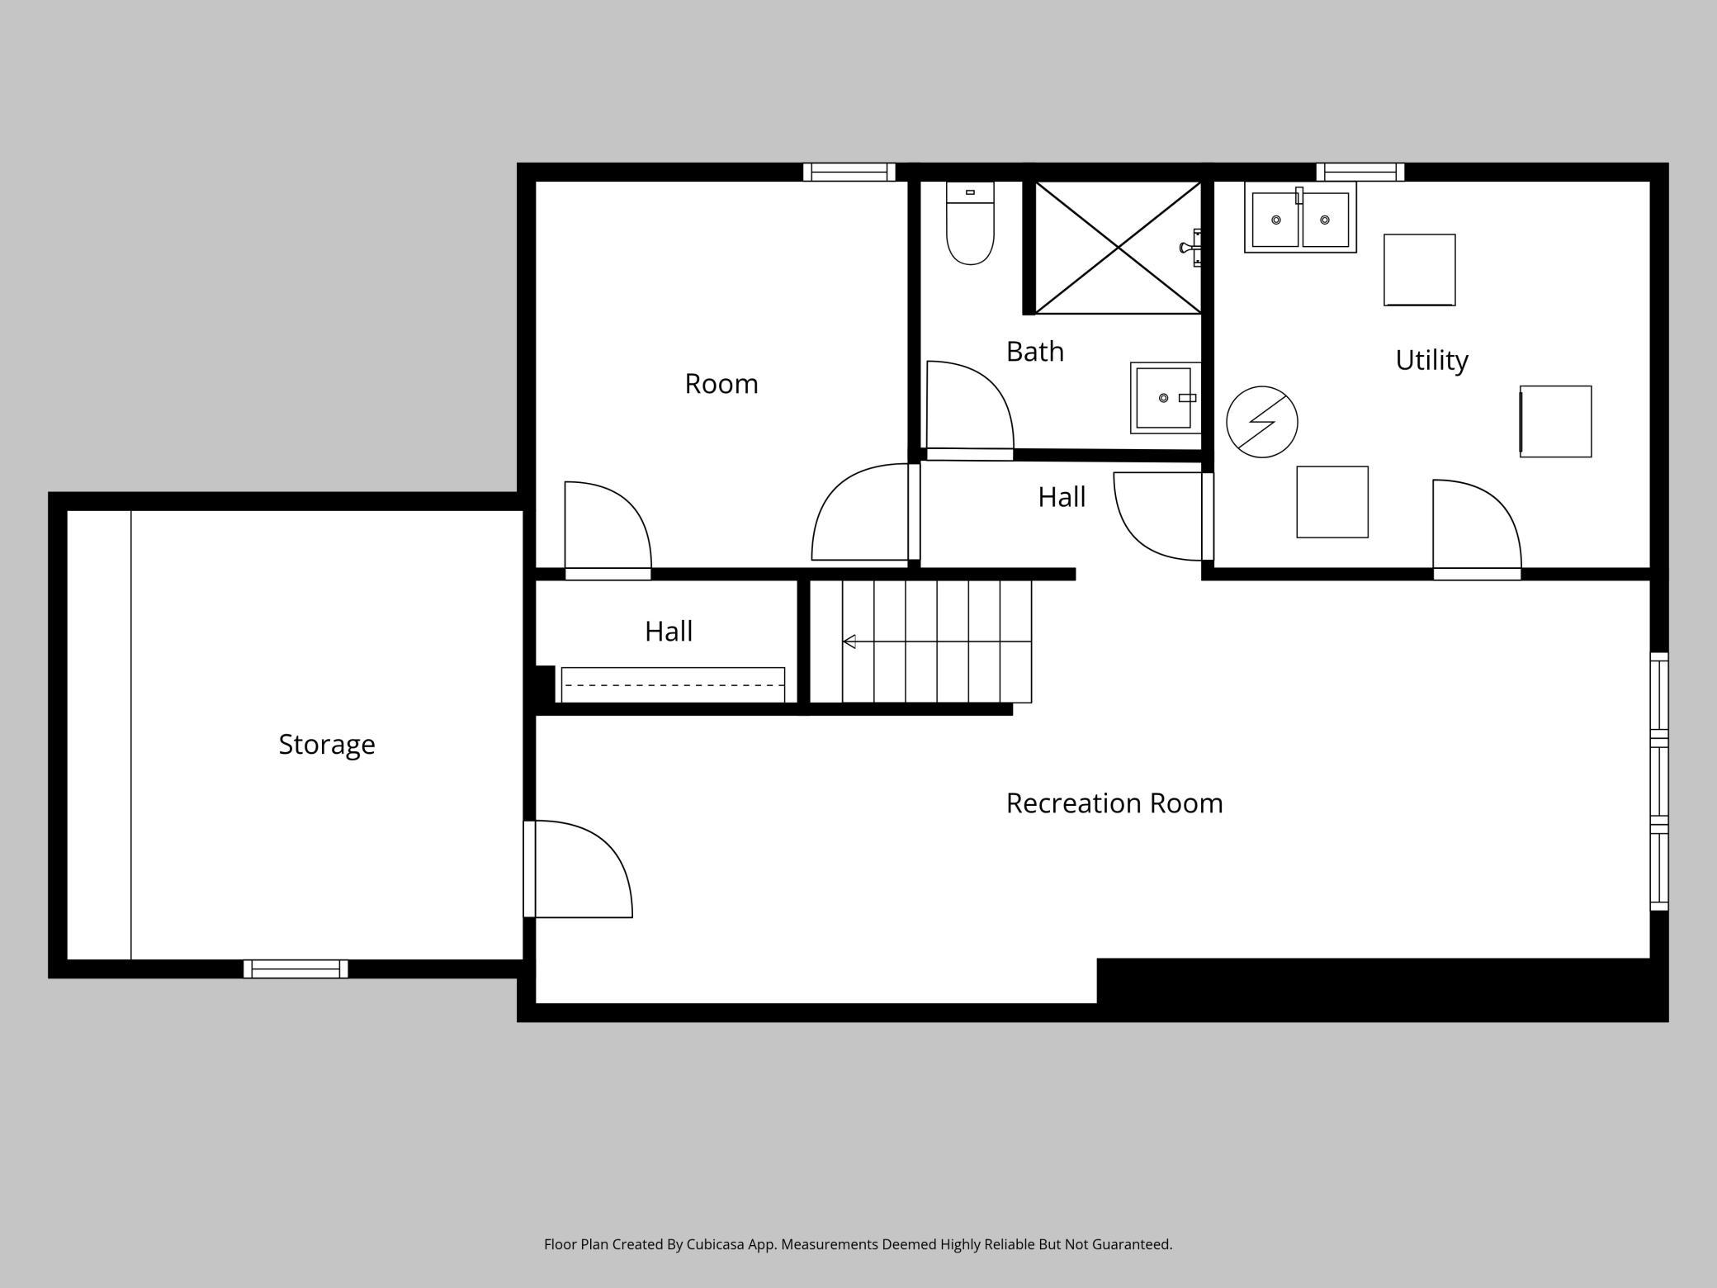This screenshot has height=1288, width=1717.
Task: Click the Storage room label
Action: click(327, 745)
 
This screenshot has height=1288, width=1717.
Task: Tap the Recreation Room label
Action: click(1114, 803)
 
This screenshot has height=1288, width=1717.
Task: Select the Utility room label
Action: click(1431, 360)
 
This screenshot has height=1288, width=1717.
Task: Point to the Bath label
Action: click(1035, 352)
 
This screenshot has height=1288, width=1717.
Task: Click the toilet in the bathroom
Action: click(970, 223)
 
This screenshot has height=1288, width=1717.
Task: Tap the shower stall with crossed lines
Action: click(1118, 248)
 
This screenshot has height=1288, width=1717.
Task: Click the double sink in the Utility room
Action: click(1300, 218)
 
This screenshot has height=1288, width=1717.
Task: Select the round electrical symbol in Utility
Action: click(1261, 422)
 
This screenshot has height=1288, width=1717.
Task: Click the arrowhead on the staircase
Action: click(849, 642)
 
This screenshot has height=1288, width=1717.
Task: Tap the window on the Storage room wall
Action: click(296, 969)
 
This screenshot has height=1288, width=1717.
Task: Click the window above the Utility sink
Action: click(1360, 172)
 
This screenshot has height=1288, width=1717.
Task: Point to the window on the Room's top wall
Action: click(849, 172)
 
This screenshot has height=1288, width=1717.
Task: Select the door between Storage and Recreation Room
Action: click(578, 869)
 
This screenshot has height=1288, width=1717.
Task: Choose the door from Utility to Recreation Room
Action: click(1477, 529)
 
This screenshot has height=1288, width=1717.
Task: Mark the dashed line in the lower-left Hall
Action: click(673, 684)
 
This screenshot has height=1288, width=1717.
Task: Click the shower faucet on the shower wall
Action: click(1190, 248)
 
